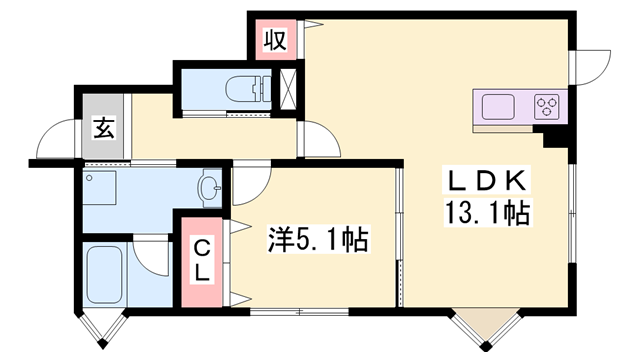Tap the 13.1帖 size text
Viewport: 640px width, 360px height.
pyautogui.click(x=488, y=212)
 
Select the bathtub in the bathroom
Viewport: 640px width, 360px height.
pyautogui.click(x=104, y=274)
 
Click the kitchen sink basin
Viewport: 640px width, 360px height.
pyautogui.click(x=500, y=104)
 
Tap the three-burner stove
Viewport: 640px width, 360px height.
pyautogui.click(x=546, y=104)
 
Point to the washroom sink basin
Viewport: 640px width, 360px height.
pyautogui.click(x=211, y=187)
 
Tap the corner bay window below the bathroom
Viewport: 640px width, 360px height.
pyautogui.click(x=104, y=326)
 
